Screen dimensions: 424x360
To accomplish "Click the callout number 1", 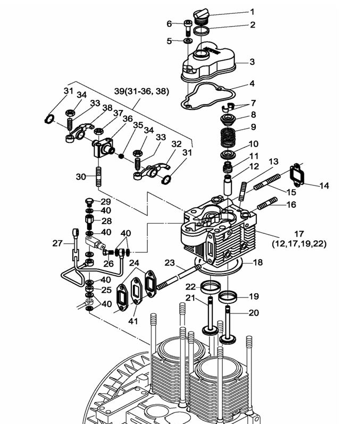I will (x=252, y=11).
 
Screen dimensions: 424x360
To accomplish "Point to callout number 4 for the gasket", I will (x=252, y=83).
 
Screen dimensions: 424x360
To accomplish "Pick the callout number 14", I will (x=324, y=185).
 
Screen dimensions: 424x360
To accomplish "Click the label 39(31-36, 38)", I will (x=141, y=91).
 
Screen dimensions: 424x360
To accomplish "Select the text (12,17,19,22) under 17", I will (x=299, y=244).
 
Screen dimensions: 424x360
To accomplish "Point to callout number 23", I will (x=170, y=262).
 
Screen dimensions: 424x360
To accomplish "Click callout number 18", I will (x=257, y=262).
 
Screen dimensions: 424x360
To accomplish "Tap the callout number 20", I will (x=254, y=313).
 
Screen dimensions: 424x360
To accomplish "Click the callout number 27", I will (x=57, y=243).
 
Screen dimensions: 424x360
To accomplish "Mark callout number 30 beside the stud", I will (x=80, y=176).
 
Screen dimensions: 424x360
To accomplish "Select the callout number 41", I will (x=132, y=321).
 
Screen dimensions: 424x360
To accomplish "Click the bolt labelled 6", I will (x=188, y=27).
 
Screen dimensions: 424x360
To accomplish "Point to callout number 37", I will (x=118, y=113).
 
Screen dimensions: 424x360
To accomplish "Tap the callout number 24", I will (x=134, y=262).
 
